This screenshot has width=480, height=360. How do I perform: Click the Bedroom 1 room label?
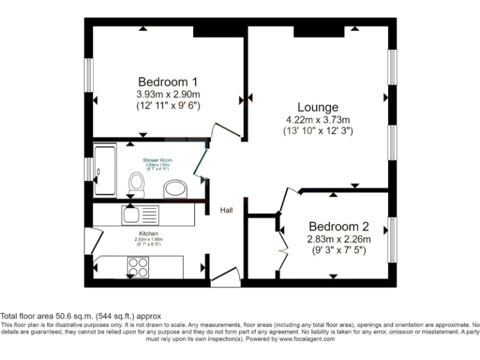pyautogui.click(x=167, y=82)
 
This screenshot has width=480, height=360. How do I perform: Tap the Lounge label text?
pyautogui.click(x=317, y=107)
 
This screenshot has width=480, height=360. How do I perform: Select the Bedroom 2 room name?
pyautogui.click(x=338, y=227)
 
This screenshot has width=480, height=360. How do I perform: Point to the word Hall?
pyautogui.click(x=226, y=211)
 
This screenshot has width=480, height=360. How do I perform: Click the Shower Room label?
pyautogui.click(x=157, y=160)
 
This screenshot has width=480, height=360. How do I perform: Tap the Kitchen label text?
pyautogui.click(x=140, y=234)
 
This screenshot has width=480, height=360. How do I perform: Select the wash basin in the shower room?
pyautogui.click(x=176, y=189)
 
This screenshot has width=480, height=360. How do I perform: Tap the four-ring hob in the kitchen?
pyautogui.click(x=138, y=267)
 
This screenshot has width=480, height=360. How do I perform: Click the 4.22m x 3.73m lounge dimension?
pyautogui.click(x=317, y=120)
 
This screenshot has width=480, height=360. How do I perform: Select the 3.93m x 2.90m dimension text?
pyautogui.click(x=167, y=94)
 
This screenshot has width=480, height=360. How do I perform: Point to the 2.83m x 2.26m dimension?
pyautogui.click(x=339, y=239)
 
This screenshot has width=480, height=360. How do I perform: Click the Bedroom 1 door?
pyautogui.click(x=224, y=131)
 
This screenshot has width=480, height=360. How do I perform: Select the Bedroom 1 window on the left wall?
pyautogui.click(x=89, y=77)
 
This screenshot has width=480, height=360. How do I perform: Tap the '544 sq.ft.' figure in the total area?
pyautogui.click(x=107, y=316)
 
